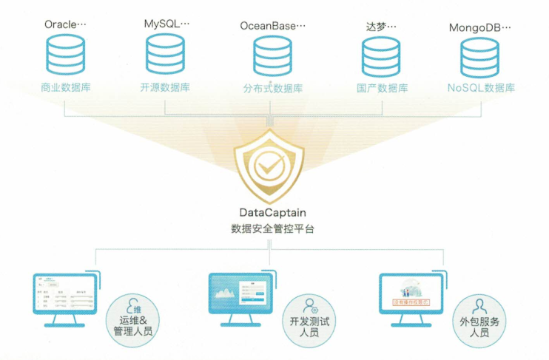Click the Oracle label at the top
tap(65, 24)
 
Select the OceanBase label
tap(272, 25)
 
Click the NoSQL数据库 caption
tap(481, 89)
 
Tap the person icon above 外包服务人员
tap(479, 305)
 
